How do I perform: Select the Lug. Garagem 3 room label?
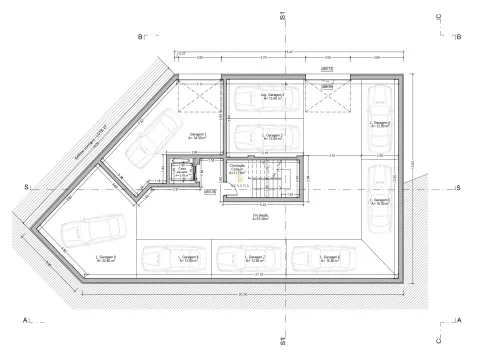(272, 97)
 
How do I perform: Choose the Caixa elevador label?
(182, 171)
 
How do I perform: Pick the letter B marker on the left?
(141, 36)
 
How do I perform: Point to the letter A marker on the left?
(23, 321)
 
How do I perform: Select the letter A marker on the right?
(457, 321)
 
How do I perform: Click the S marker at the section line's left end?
(25, 188)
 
